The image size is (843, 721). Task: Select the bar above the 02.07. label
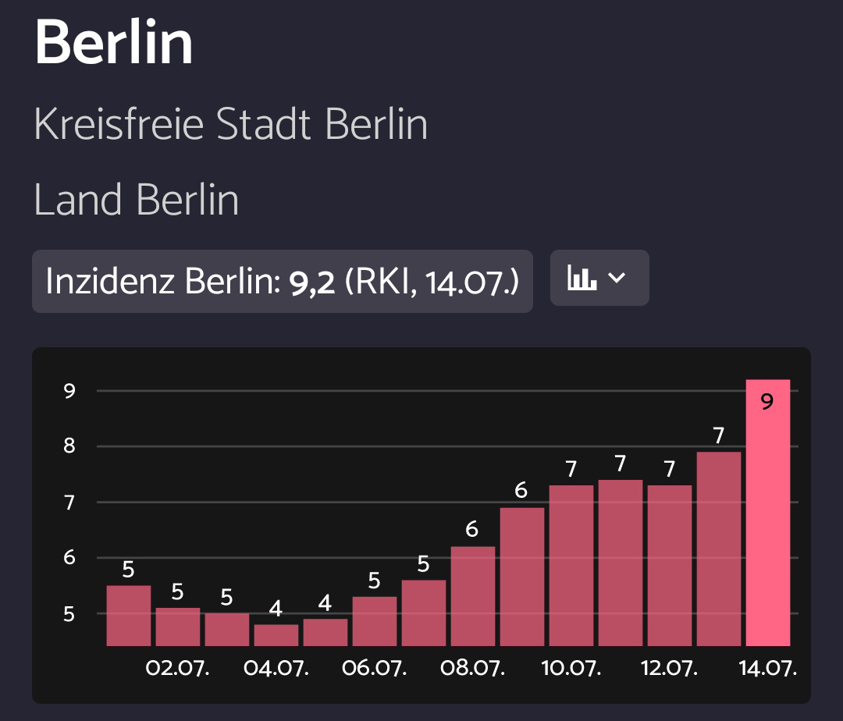(178, 627)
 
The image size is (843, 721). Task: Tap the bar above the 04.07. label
(276, 635)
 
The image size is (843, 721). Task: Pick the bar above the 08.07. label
(473, 596)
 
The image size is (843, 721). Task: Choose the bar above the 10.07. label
(571, 566)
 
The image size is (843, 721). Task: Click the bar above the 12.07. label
(670, 566)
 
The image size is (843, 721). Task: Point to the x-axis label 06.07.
(375, 669)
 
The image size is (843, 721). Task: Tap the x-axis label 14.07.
(768, 669)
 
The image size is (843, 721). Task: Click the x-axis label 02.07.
(178, 669)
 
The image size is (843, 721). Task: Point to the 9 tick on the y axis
(69, 391)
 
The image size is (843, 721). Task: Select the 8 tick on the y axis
(69, 447)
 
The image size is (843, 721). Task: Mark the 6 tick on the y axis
(69, 558)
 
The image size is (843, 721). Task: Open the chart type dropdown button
(599, 278)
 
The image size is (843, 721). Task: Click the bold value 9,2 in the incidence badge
(312, 281)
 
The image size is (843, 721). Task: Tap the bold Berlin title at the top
(114, 43)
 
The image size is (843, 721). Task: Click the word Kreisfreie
(119, 125)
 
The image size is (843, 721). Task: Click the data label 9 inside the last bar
(767, 403)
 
